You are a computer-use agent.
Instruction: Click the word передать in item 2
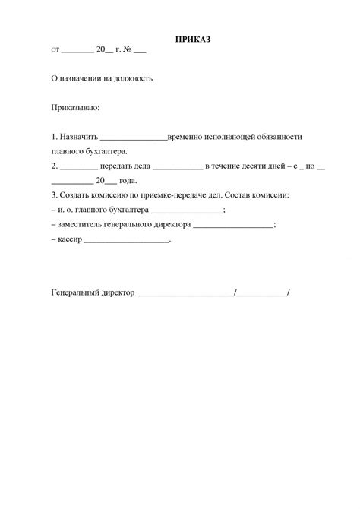(x=122, y=166)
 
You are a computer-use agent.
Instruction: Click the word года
(x=129, y=181)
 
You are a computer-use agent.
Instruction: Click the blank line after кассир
(x=126, y=242)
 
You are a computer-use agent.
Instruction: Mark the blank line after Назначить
(x=133, y=138)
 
